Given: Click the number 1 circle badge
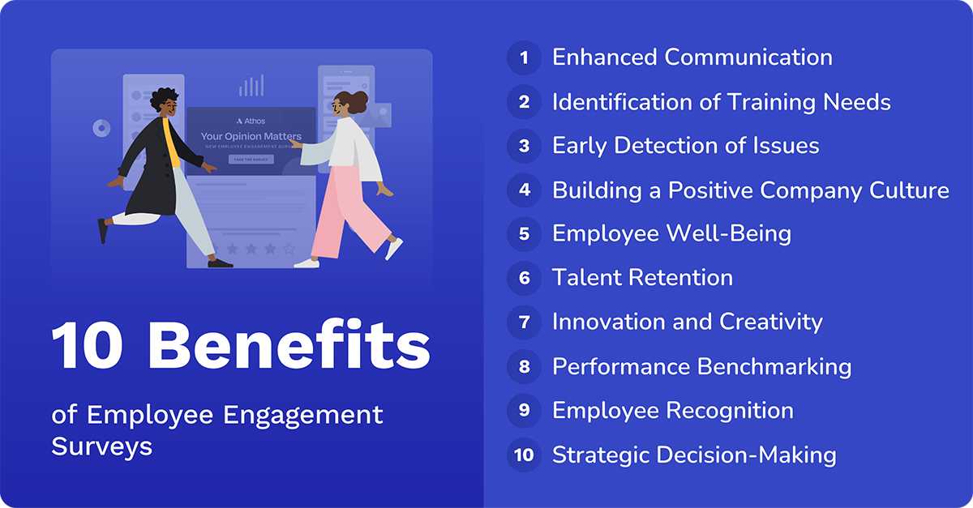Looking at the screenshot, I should click(x=524, y=58).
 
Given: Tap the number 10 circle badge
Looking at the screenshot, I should click(x=524, y=455).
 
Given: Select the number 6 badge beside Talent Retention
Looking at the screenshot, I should click(x=524, y=278).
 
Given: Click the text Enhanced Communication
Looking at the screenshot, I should click(x=692, y=58).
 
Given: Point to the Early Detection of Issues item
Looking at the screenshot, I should click(x=685, y=146).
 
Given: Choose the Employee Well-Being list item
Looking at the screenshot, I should click(x=671, y=233).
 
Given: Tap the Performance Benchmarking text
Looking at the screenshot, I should click(x=701, y=366).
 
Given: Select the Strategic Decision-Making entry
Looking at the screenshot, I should click(x=694, y=455).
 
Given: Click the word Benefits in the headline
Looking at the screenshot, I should click(x=289, y=346).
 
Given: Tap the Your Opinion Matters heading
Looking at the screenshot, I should click(x=251, y=137).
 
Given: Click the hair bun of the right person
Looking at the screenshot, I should click(x=359, y=100).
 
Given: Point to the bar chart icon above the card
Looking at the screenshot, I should click(x=251, y=86).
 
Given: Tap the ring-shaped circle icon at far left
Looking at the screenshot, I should click(x=101, y=128).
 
